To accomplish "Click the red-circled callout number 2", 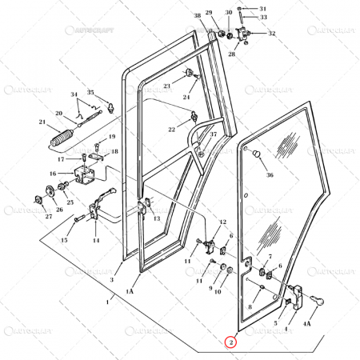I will tap(231, 342).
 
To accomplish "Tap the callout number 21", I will tap(42, 122).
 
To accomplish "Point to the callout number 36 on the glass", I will tap(270, 175).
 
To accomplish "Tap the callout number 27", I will tap(48, 216).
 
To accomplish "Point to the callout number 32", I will tap(272, 33).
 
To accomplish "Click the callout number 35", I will tap(90, 92).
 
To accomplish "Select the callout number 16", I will tap(53, 173).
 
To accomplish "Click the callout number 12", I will tap(223, 222).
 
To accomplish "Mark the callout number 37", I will tap(213, 134).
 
